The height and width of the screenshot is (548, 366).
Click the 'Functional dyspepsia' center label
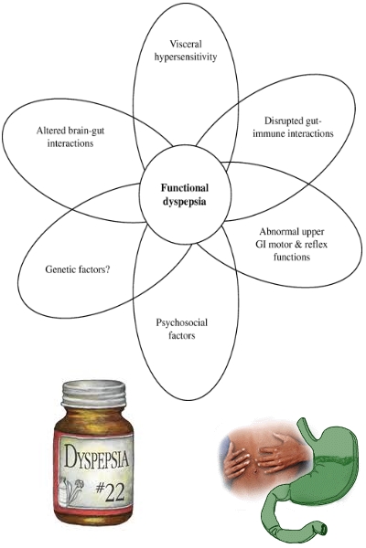(x=185, y=195)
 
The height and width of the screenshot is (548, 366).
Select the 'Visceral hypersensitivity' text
(x=186, y=50)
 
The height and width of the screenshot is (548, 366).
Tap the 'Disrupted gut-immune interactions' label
(x=293, y=127)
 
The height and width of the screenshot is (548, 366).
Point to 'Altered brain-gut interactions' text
(x=70, y=137)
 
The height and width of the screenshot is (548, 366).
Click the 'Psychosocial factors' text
(x=182, y=329)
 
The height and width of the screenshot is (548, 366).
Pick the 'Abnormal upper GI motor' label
(x=292, y=237)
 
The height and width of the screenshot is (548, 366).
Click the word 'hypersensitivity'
(x=186, y=57)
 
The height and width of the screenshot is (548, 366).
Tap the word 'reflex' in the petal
(x=316, y=244)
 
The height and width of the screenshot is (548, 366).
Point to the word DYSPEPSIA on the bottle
(x=96, y=457)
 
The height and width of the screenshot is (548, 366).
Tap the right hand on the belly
(x=276, y=451)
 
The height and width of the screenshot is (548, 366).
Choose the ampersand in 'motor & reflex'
(x=298, y=244)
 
